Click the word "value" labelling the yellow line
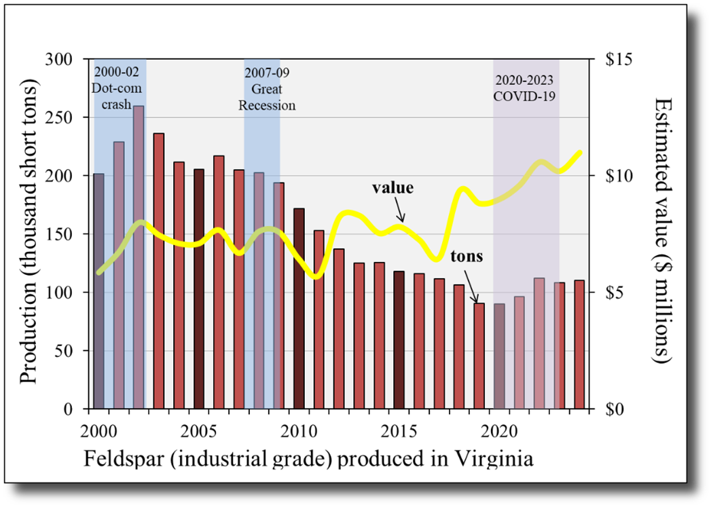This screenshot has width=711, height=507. pos(393,187)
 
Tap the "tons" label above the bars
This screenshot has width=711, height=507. pos(467,257)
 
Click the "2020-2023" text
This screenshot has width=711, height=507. pos(524,80)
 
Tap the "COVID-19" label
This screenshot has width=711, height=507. pos(524,96)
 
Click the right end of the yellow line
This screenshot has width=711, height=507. pos(581,152)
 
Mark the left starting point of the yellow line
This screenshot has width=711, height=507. pos(99,272)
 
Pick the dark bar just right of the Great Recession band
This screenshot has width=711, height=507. pos(299,308)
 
